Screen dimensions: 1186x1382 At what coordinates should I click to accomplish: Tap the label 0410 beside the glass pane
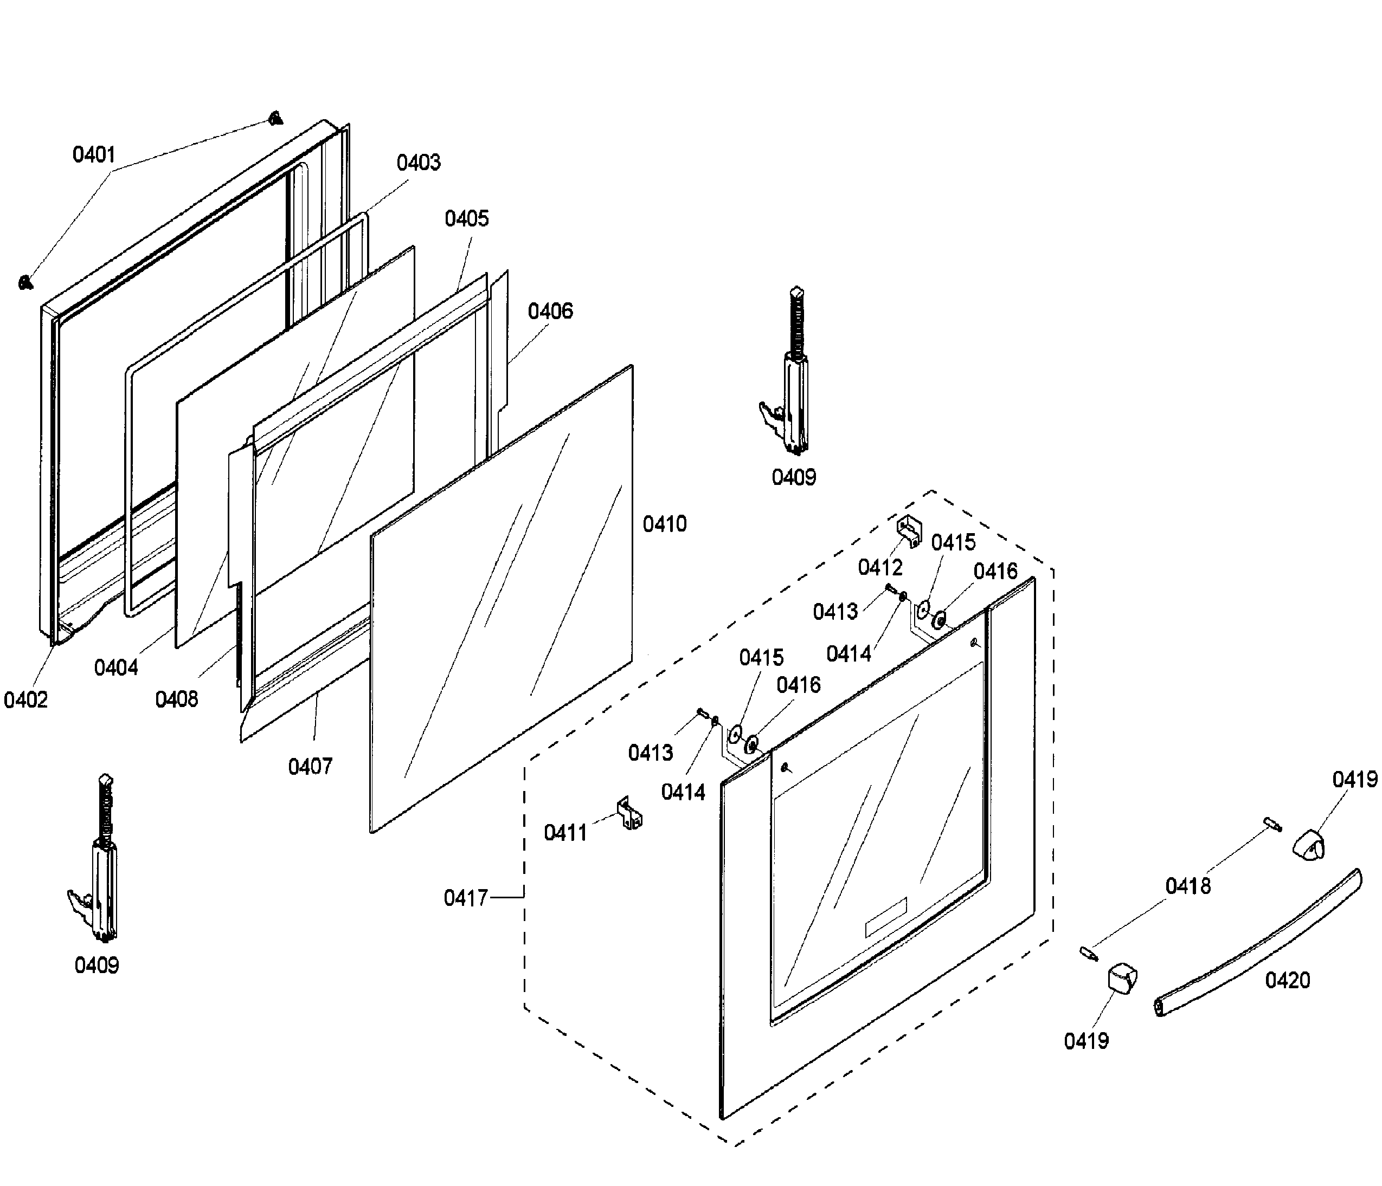664,524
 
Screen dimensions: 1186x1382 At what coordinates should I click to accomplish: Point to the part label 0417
466,898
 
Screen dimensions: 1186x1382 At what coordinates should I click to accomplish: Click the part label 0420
1287,980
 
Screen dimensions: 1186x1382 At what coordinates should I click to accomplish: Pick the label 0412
880,567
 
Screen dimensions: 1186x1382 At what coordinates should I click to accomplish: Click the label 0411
565,833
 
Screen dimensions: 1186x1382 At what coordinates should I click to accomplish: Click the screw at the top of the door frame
275,119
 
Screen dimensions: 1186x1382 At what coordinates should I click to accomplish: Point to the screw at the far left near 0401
25,283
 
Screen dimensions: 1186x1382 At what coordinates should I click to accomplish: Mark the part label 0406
550,312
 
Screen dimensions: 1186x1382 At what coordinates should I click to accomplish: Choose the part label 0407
310,767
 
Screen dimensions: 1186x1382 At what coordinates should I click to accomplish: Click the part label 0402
25,700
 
